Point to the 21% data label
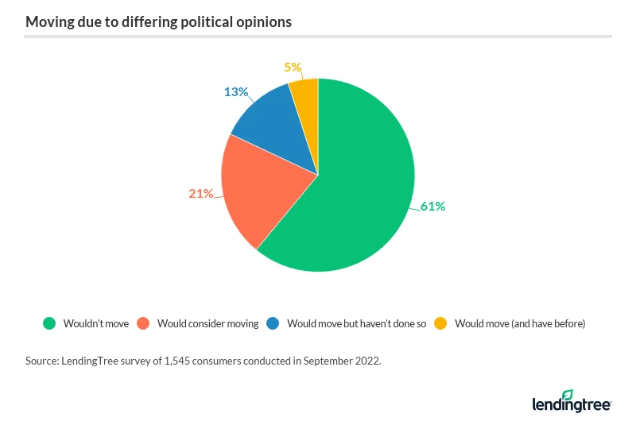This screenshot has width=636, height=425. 201,193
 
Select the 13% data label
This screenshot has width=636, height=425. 236,91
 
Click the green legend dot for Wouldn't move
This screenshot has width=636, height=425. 50,323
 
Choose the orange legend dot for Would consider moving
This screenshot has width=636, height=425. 144,323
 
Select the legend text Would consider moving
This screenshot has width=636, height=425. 208,323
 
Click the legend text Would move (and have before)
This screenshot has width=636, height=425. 520,323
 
